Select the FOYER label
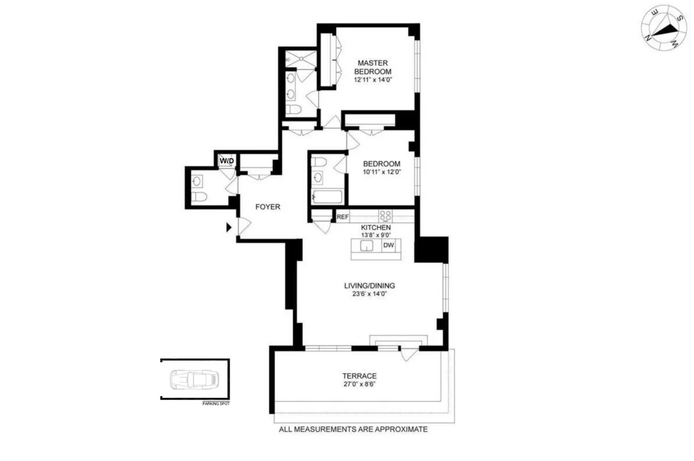[268, 206]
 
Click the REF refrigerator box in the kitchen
[342, 217]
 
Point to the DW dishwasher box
[389, 246]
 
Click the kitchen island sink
[367, 246]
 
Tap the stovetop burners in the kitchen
[386, 216]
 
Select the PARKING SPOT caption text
[216, 404]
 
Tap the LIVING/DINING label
[369, 285]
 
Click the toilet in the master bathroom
[293, 109]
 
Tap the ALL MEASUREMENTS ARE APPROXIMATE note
[353, 430]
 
